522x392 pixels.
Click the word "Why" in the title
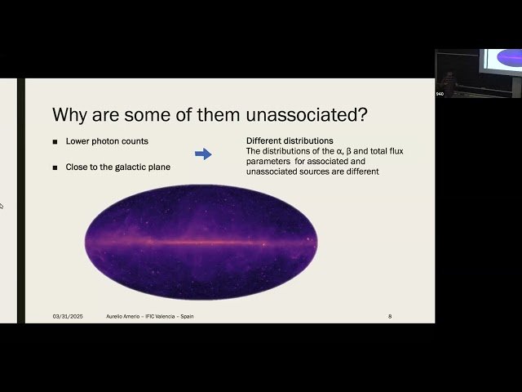click(69, 114)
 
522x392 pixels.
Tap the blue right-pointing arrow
click(203, 154)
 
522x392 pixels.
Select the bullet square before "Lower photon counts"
click(55, 141)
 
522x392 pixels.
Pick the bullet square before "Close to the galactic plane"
click(55, 167)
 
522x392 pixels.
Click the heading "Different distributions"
click(290, 140)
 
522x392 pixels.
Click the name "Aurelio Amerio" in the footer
click(123, 316)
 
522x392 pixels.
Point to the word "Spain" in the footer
click(187, 316)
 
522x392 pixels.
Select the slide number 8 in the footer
click(390, 316)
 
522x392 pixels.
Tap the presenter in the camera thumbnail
click(448, 81)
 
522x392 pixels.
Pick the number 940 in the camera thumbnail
click(440, 94)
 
